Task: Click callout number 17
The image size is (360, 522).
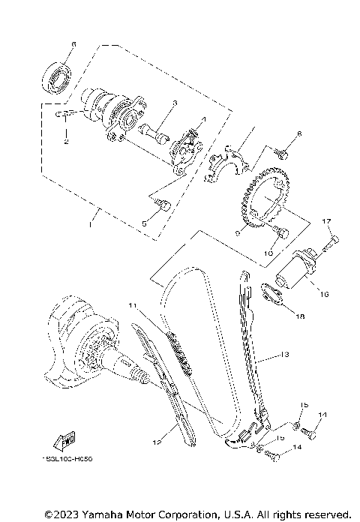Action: [x=326, y=221]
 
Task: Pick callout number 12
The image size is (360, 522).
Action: [x=158, y=443]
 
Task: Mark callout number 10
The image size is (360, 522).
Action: [x=267, y=253]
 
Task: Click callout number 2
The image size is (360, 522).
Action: [x=65, y=141]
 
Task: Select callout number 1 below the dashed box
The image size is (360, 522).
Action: [x=90, y=223]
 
